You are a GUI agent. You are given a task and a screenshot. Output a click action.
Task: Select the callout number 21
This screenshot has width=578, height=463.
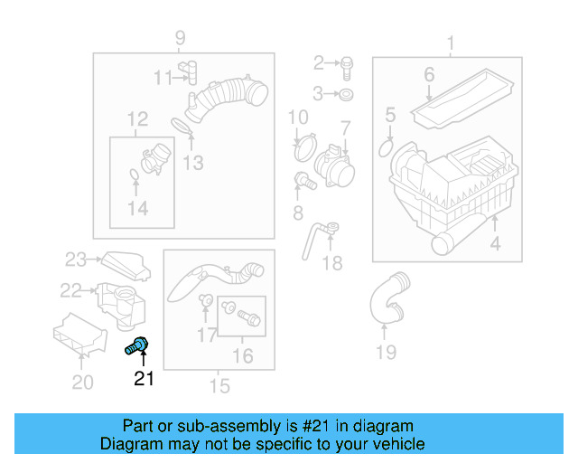[144, 379]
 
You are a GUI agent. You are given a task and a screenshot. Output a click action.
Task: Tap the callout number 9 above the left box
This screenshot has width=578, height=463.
[180, 37]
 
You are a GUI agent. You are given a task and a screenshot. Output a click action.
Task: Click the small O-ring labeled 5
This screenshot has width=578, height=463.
[386, 146]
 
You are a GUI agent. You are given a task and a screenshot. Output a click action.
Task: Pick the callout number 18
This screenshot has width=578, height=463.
[332, 263]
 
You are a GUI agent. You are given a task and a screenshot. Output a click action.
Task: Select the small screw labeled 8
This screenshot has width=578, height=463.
[304, 180]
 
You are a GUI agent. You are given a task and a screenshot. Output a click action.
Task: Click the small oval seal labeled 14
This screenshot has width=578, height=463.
[134, 174]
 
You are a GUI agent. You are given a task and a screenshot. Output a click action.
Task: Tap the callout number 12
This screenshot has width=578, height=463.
[136, 118]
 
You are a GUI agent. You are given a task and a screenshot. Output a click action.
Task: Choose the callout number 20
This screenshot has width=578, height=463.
[82, 383]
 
